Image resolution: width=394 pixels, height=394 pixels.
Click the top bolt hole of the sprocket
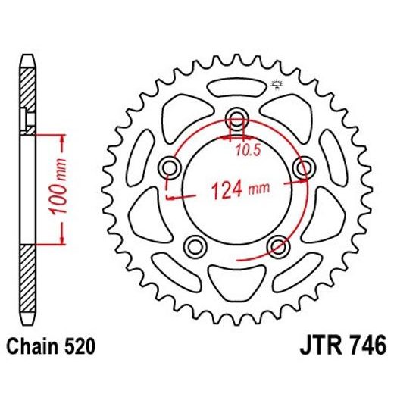237,118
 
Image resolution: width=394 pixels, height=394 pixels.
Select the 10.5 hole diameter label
253,150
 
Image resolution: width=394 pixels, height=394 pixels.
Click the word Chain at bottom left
30,348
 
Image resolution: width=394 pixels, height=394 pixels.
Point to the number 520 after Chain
80,348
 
